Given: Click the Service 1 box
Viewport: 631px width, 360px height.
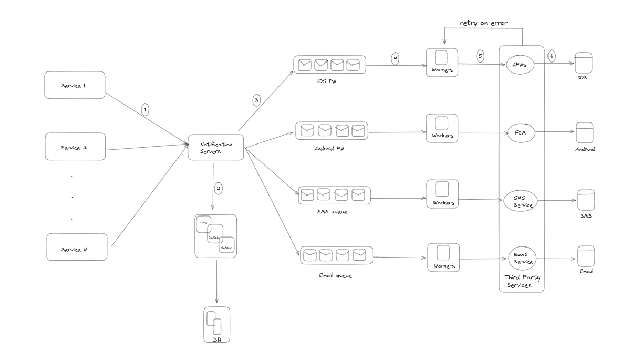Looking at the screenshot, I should point(75,85).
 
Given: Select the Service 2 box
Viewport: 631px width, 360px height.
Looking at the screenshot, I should point(75,147).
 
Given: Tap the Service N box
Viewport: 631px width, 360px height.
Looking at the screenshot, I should point(77,248).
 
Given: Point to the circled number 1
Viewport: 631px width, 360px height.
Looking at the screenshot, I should point(146,109).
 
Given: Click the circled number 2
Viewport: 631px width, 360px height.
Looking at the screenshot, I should point(219,188).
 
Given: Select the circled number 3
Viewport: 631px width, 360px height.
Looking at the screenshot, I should point(256,100).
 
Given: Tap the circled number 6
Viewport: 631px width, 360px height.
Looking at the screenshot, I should point(551,56).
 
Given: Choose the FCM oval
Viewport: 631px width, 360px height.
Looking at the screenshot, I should point(521,133).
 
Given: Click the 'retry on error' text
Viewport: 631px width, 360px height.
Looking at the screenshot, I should point(483,23).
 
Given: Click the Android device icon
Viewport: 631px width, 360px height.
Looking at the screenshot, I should point(585,133).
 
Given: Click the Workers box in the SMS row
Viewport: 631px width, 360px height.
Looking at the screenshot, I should point(442,194).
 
